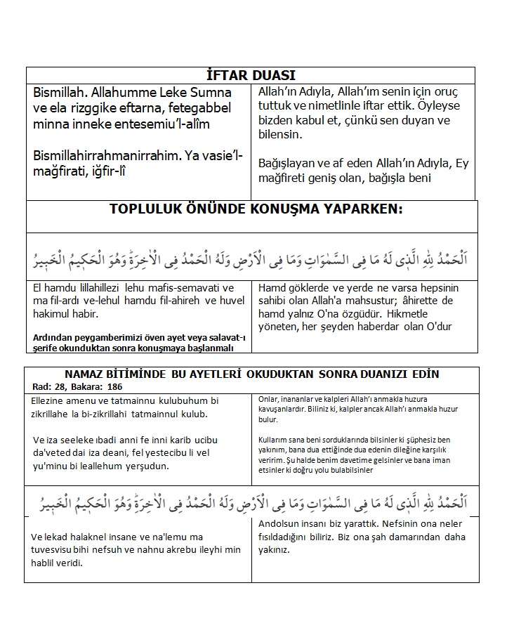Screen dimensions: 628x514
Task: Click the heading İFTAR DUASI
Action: coord(251,76)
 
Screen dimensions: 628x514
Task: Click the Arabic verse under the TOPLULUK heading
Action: coord(251,259)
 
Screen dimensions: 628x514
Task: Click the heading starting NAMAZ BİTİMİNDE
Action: coord(251,374)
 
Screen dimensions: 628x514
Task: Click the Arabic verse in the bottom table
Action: coord(251,504)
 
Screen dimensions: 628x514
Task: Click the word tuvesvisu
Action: coord(58,550)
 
